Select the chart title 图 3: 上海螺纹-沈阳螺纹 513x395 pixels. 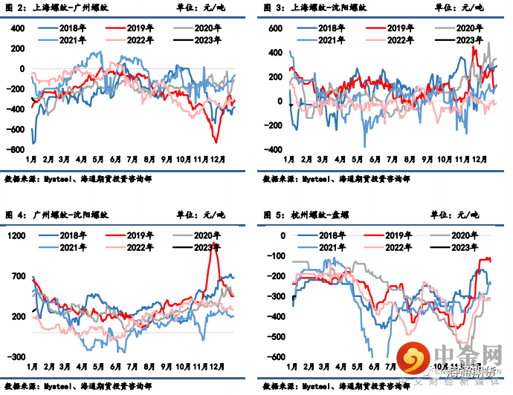point(313,8)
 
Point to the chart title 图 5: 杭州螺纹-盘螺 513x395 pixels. point(309,215)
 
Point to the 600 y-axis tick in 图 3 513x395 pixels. point(275,28)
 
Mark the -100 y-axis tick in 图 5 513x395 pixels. point(276,256)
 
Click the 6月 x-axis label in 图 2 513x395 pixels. point(115,160)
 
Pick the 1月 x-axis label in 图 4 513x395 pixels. point(31,366)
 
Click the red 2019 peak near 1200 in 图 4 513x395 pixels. point(216,244)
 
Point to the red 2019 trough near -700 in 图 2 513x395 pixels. point(216,141)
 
